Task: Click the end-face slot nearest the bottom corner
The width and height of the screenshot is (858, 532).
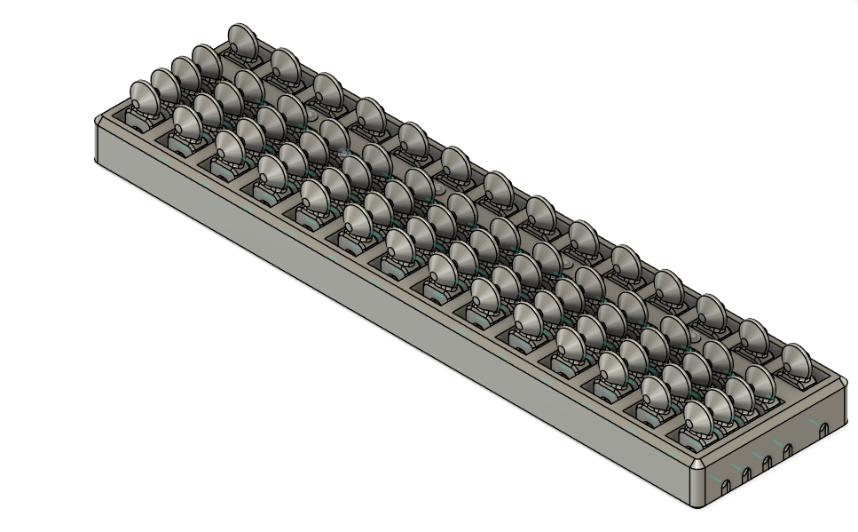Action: [725, 487]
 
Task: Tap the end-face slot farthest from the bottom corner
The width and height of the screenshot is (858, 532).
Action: [823, 430]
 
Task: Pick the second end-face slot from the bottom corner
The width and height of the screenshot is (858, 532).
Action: [745, 475]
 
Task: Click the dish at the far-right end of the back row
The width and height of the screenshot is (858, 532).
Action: [796, 361]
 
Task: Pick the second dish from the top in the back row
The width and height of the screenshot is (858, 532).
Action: [284, 64]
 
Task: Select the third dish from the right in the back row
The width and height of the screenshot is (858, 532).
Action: [709, 311]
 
